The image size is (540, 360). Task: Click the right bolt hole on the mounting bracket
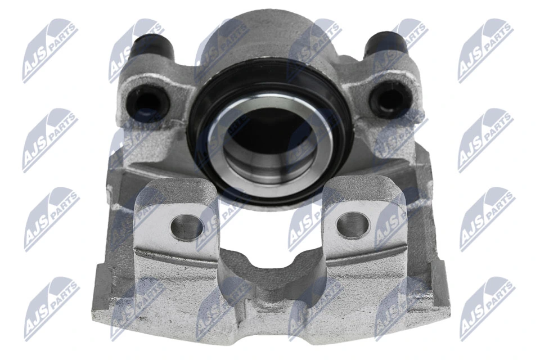click(x=353, y=223)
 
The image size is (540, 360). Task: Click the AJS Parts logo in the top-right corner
click(x=485, y=51)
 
